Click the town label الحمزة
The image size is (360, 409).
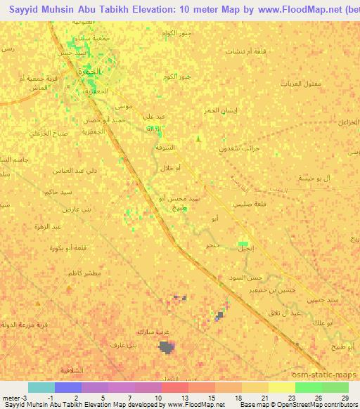pyautogui.click(x=91, y=72)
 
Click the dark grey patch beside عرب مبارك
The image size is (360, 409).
pyautogui.click(x=167, y=346)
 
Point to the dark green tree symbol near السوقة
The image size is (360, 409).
pyautogui.click(x=198, y=139)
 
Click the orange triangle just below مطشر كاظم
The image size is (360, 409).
pyautogui.click(x=69, y=289)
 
